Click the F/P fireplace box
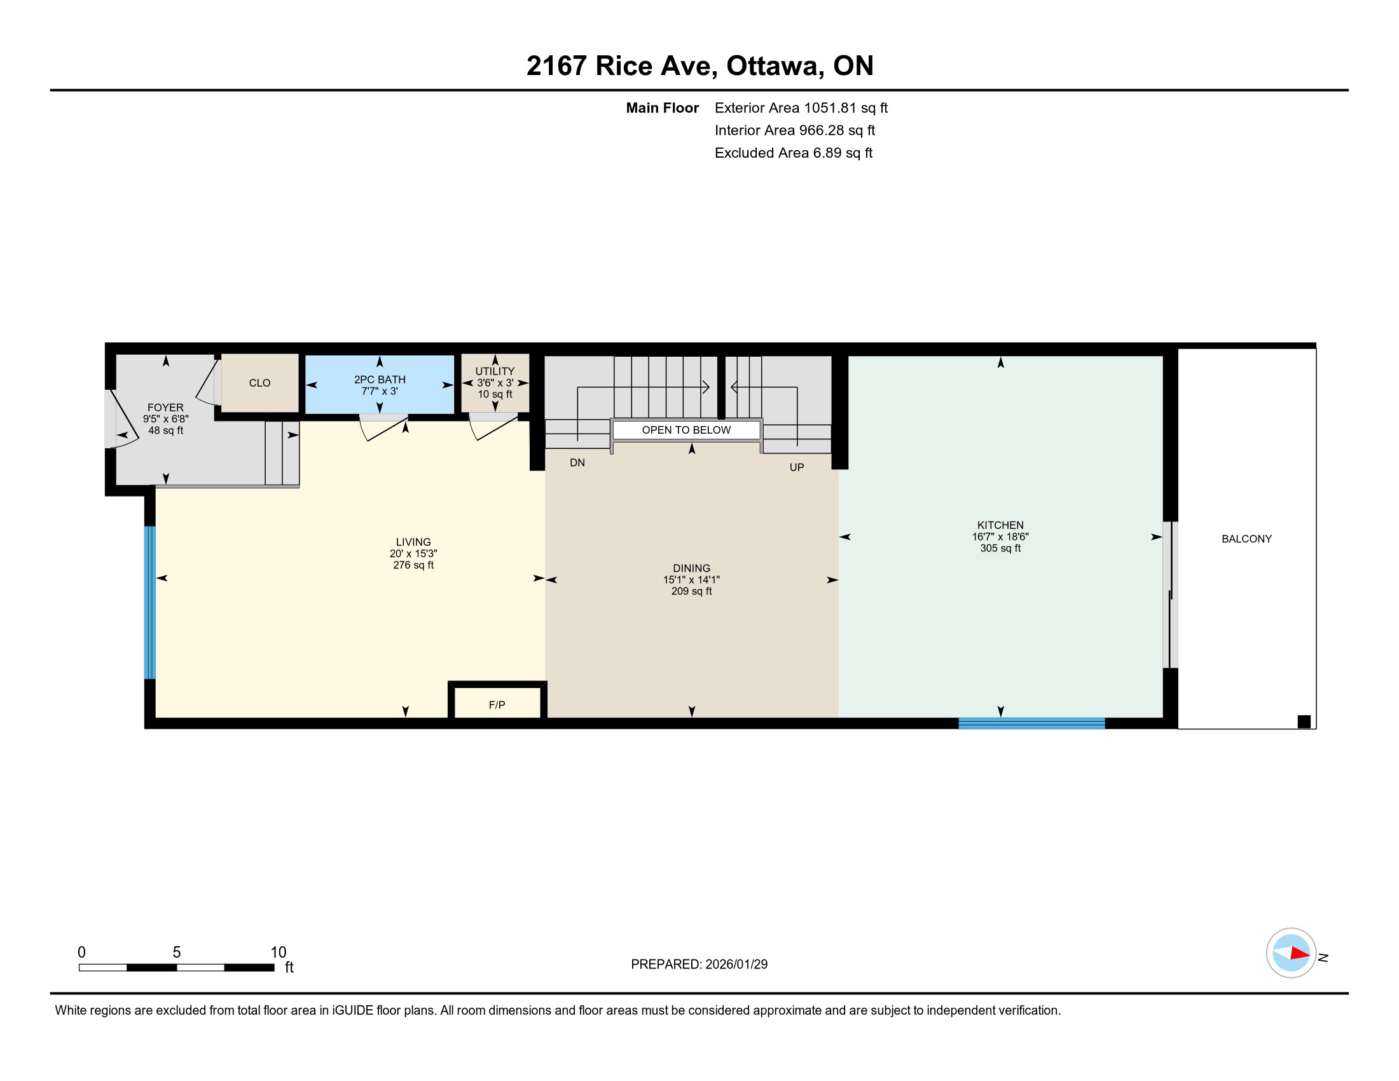click(497, 701)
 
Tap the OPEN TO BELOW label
click(686, 430)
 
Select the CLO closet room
click(259, 383)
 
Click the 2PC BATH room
click(379, 385)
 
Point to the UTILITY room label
click(495, 371)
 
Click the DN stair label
click(577, 462)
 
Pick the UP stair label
click(796, 467)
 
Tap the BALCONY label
click(1246, 539)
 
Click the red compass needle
click(1300, 954)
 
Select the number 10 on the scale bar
click(278, 953)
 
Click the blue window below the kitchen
click(1031, 724)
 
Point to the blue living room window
click(149, 603)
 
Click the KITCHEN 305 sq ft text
click(1000, 548)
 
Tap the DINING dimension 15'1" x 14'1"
click(691, 579)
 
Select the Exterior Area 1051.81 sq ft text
click(801, 108)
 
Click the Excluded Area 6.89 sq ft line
click(794, 153)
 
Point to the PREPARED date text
click(699, 965)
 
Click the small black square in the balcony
click(1304, 722)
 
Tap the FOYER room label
click(165, 408)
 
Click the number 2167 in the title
click(556, 66)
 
